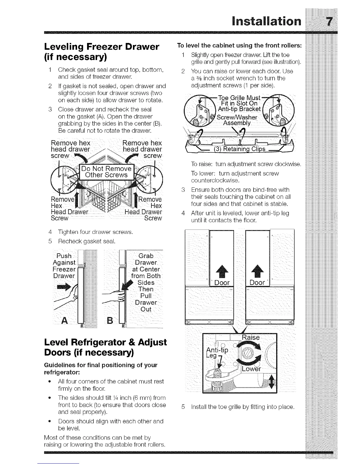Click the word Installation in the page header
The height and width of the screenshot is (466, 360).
(266, 21)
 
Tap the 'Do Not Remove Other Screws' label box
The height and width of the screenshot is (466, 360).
(106, 172)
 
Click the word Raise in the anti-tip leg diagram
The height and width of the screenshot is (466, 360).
(250, 337)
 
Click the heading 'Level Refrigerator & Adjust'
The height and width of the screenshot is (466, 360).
(105, 342)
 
